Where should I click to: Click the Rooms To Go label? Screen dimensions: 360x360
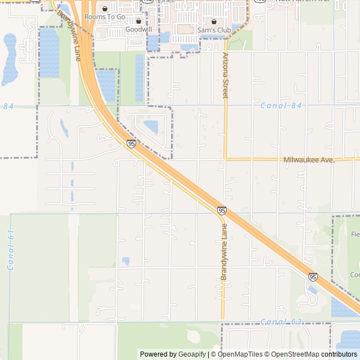point(105,17)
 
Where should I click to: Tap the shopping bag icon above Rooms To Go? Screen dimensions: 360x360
point(105,9)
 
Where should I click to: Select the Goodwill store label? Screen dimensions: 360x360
point(138,29)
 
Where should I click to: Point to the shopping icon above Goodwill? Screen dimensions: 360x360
point(138,21)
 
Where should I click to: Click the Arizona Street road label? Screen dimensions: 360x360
point(226,75)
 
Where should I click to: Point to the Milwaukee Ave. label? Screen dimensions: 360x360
point(309,160)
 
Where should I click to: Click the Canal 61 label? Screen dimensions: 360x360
point(11,249)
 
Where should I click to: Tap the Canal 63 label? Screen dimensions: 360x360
point(281,322)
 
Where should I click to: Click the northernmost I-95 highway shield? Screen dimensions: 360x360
point(131,144)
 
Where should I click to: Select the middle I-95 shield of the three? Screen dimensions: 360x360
point(222,210)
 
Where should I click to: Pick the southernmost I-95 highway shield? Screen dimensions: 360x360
point(313,277)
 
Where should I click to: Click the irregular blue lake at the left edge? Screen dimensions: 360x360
point(10,59)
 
